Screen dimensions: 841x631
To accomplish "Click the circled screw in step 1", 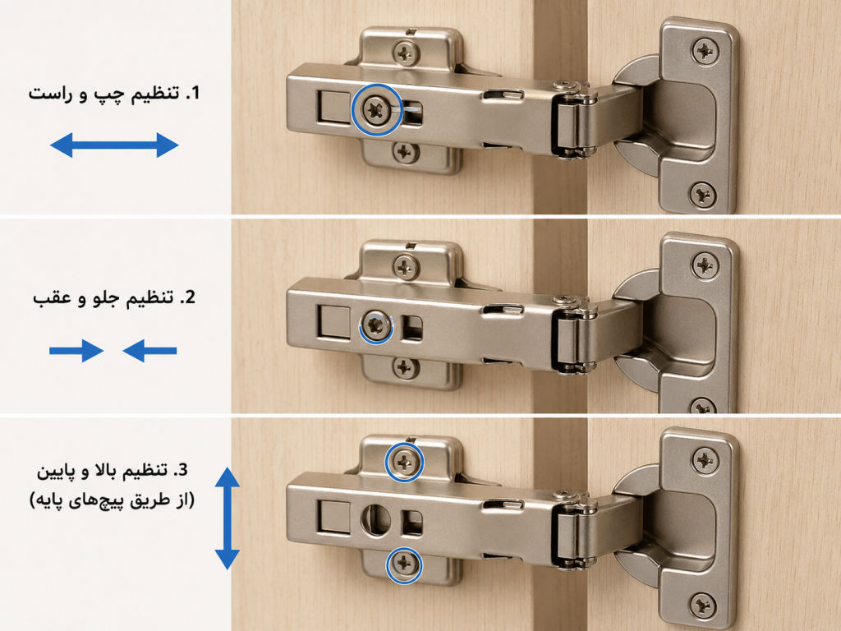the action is click(x=376, y=110).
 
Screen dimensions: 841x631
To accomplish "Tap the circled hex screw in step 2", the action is click(x=376, y=325).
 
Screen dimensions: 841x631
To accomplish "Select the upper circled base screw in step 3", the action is click(x=404, y=462).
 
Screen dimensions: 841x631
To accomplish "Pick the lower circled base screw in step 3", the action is click(x=404, y=564).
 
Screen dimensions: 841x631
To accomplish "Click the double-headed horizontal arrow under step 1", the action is click(x=114, y=145).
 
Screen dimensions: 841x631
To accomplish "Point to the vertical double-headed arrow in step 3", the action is click(x=227, y=518).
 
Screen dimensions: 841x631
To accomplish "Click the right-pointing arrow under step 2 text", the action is click(x=76, y=351).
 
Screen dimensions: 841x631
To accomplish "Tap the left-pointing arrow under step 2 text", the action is click(x=149, y=351).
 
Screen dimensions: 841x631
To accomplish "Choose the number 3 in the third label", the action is click(x=182, y=470).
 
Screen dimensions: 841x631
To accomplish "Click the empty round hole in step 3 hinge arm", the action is click(x=376, y=519).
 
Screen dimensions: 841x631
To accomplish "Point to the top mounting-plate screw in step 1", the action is click(x=406, y=53).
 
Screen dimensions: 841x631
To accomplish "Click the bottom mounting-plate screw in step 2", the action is click(x=405, y=368).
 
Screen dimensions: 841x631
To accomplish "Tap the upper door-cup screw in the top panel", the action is click(x=705, y=51).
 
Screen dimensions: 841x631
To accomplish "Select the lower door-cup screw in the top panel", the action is click(x=703, y=194).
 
